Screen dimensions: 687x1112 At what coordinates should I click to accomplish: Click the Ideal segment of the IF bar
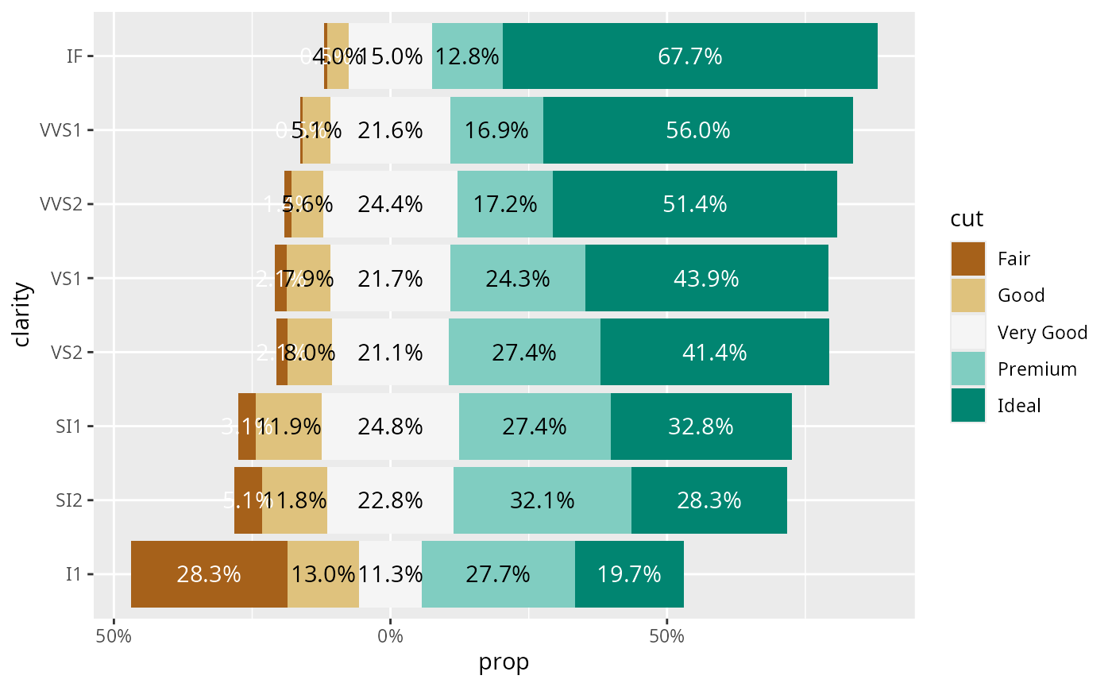click(x=689, y=56)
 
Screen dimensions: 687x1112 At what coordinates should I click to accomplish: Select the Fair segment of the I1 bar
click(x=209, y=574)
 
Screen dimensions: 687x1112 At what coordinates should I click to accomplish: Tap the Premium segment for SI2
click(x=542, y=500)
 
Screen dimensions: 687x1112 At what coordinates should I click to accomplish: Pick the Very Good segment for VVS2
click(x=390, y=204)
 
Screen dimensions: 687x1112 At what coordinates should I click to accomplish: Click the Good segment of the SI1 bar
click(x=288, y=426)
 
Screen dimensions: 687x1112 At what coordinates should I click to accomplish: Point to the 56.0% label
click(x=697, y=130)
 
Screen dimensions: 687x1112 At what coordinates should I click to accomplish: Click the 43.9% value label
click(x=706, y=279)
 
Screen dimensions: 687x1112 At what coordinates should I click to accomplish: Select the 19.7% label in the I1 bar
click(x=629, y=574)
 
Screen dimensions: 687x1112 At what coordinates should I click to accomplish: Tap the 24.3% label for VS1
click(x=518, y=279)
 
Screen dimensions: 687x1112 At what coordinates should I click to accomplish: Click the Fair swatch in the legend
click(x=967, y=258)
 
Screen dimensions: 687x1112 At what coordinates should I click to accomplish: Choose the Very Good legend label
click(x=1042, y=332)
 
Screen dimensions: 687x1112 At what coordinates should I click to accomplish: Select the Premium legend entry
click(x=1037, y=369)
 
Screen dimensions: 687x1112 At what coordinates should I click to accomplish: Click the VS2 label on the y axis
click(x=67, y=353)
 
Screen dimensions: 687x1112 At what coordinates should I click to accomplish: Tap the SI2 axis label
click(x=70, y=500)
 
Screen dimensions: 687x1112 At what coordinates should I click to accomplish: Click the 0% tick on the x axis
click(x=390, y=635)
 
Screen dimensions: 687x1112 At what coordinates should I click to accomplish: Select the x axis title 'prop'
click(x=504, y=662)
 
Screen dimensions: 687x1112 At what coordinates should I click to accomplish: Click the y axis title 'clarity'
click(x=22, y=315)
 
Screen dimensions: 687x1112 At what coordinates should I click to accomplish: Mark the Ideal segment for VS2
click(x=714, y=353)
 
